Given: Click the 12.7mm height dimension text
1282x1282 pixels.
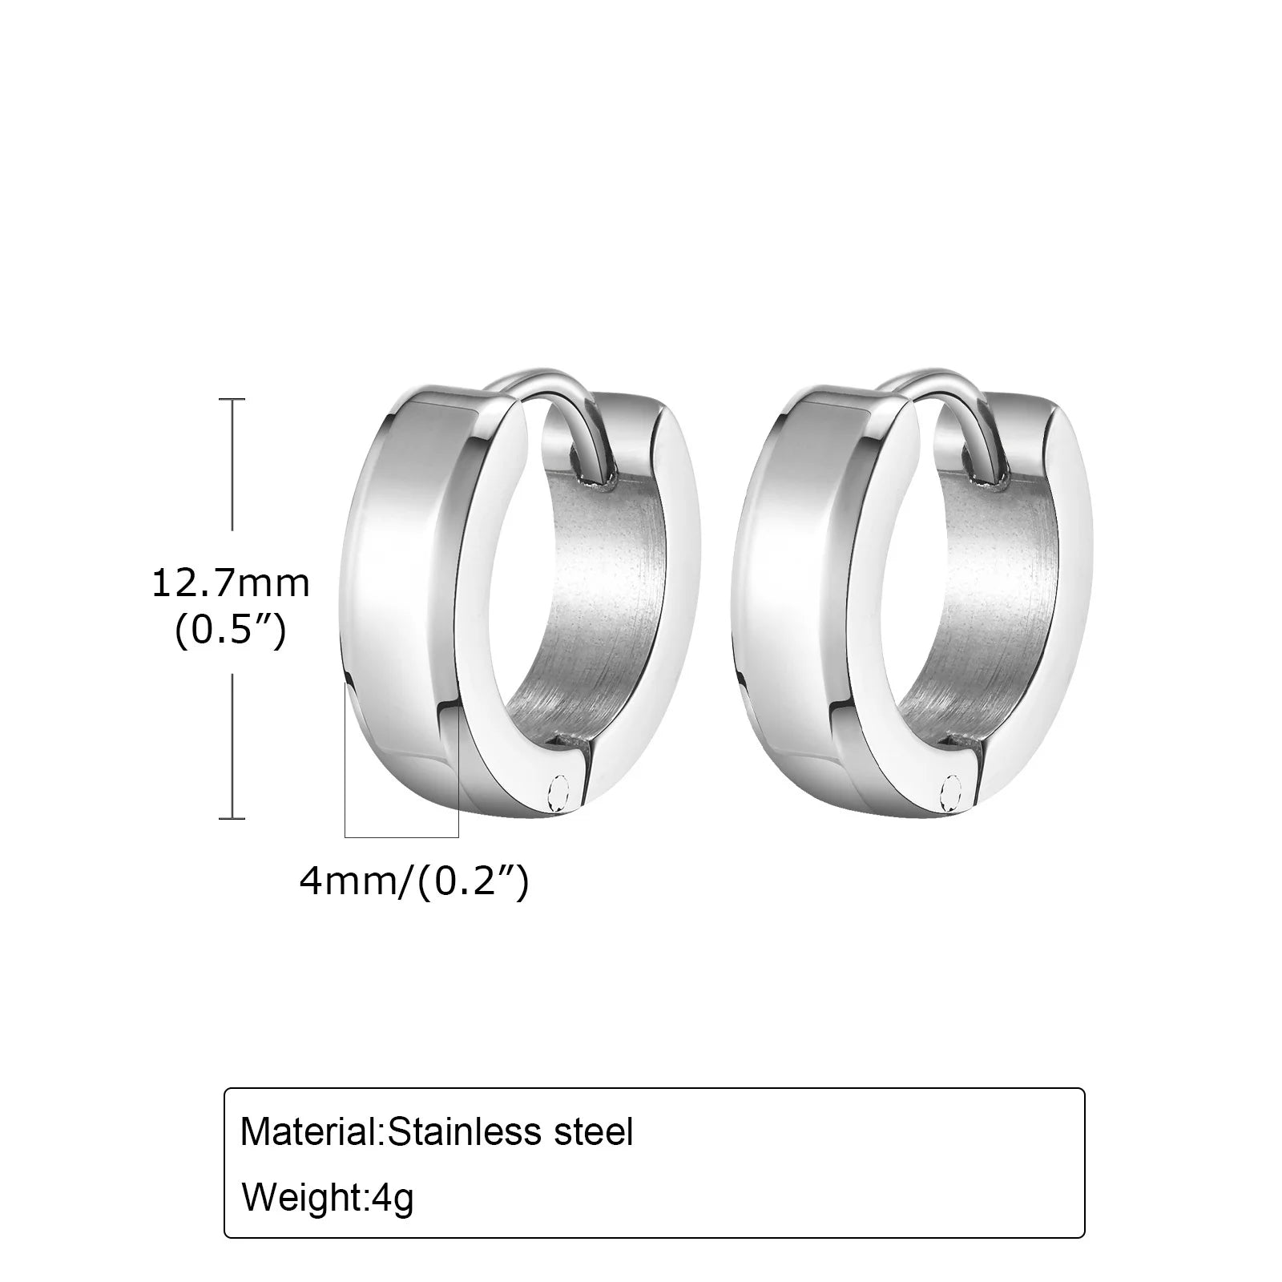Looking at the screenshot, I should pos(230,583).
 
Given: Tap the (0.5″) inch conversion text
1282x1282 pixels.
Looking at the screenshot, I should pos(230,633).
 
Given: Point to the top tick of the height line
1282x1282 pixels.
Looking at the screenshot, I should pos(232,398).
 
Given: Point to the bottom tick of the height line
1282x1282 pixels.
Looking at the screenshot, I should pos(232,818).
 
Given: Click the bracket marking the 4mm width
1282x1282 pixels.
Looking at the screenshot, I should pos(401,837).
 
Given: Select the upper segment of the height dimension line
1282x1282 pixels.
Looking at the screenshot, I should pos(232,465).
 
